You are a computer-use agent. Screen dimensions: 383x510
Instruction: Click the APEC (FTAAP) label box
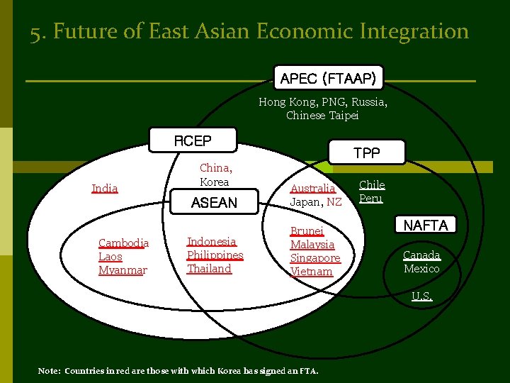click(x=328, y=78)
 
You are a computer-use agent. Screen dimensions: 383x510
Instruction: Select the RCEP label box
click(x=193, y=141)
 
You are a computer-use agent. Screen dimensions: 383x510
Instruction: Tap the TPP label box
click(x=367, y=152)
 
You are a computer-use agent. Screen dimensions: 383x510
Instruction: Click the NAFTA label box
click(x=426, y=226)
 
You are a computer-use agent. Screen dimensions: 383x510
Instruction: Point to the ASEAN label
click(x=214, y=203)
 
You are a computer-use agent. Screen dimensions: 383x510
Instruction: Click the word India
click(x=105, y=188)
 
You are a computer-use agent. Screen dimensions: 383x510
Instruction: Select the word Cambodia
click(x=123, y=243)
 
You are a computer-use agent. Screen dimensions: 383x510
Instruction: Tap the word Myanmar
click(x=123, y=270)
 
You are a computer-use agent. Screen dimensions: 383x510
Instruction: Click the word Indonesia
click(x=212, y=241)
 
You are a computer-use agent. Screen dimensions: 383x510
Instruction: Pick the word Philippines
click(x=215, y=255)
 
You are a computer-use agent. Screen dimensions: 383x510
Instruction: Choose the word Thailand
click(x=209, y=268)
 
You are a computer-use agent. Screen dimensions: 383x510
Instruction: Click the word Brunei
click(x=307, y=231)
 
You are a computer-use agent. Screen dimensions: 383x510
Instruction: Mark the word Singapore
click(x=315, y=257)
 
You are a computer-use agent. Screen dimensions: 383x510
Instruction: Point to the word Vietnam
click(x=311, y=271)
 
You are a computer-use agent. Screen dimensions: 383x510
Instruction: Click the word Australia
click(x=313, y=188)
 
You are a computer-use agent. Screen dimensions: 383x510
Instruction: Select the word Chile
click(x=372, y=184)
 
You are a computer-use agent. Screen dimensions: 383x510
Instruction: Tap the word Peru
click(x=370, y=198)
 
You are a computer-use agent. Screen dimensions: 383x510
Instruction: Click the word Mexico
click(x=421, y=268)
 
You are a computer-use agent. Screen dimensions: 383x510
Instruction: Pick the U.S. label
click(x=423, y=296)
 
